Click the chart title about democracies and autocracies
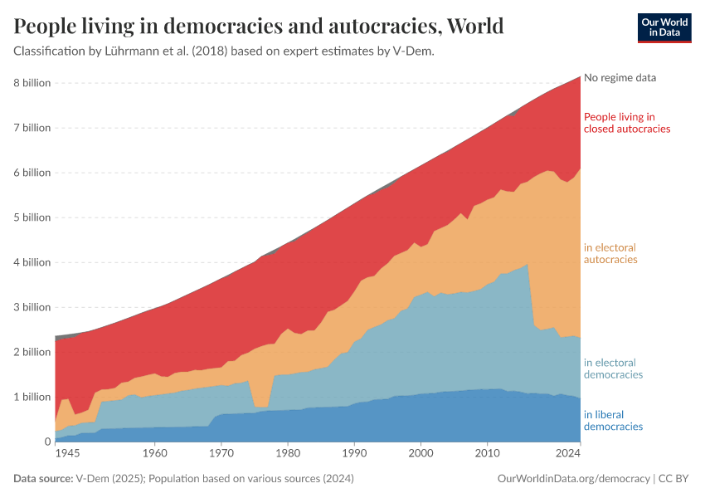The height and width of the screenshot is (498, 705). tap(259, 27)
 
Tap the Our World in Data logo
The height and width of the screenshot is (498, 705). tap(664, 27)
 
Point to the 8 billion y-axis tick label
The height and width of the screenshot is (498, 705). tap(32, 83)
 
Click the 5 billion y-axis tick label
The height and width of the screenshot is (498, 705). tap(32, 217)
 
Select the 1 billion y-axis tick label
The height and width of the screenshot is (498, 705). tap(32, 397)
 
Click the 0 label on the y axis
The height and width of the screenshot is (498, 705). tap(47, 442)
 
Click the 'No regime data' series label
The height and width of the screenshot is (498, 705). tap(620, 78)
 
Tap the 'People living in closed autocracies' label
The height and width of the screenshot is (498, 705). tap(627, 123)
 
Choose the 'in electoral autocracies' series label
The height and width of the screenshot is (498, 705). tap(610, 253)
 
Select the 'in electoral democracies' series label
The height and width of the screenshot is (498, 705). tap(613, 369)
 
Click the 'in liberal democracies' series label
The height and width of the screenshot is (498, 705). tap(613, 420)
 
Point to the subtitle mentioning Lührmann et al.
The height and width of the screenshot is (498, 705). tap(224, 51)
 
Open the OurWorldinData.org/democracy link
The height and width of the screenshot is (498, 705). tap(573, 479)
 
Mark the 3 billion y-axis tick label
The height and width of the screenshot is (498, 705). tap(32, 307)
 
